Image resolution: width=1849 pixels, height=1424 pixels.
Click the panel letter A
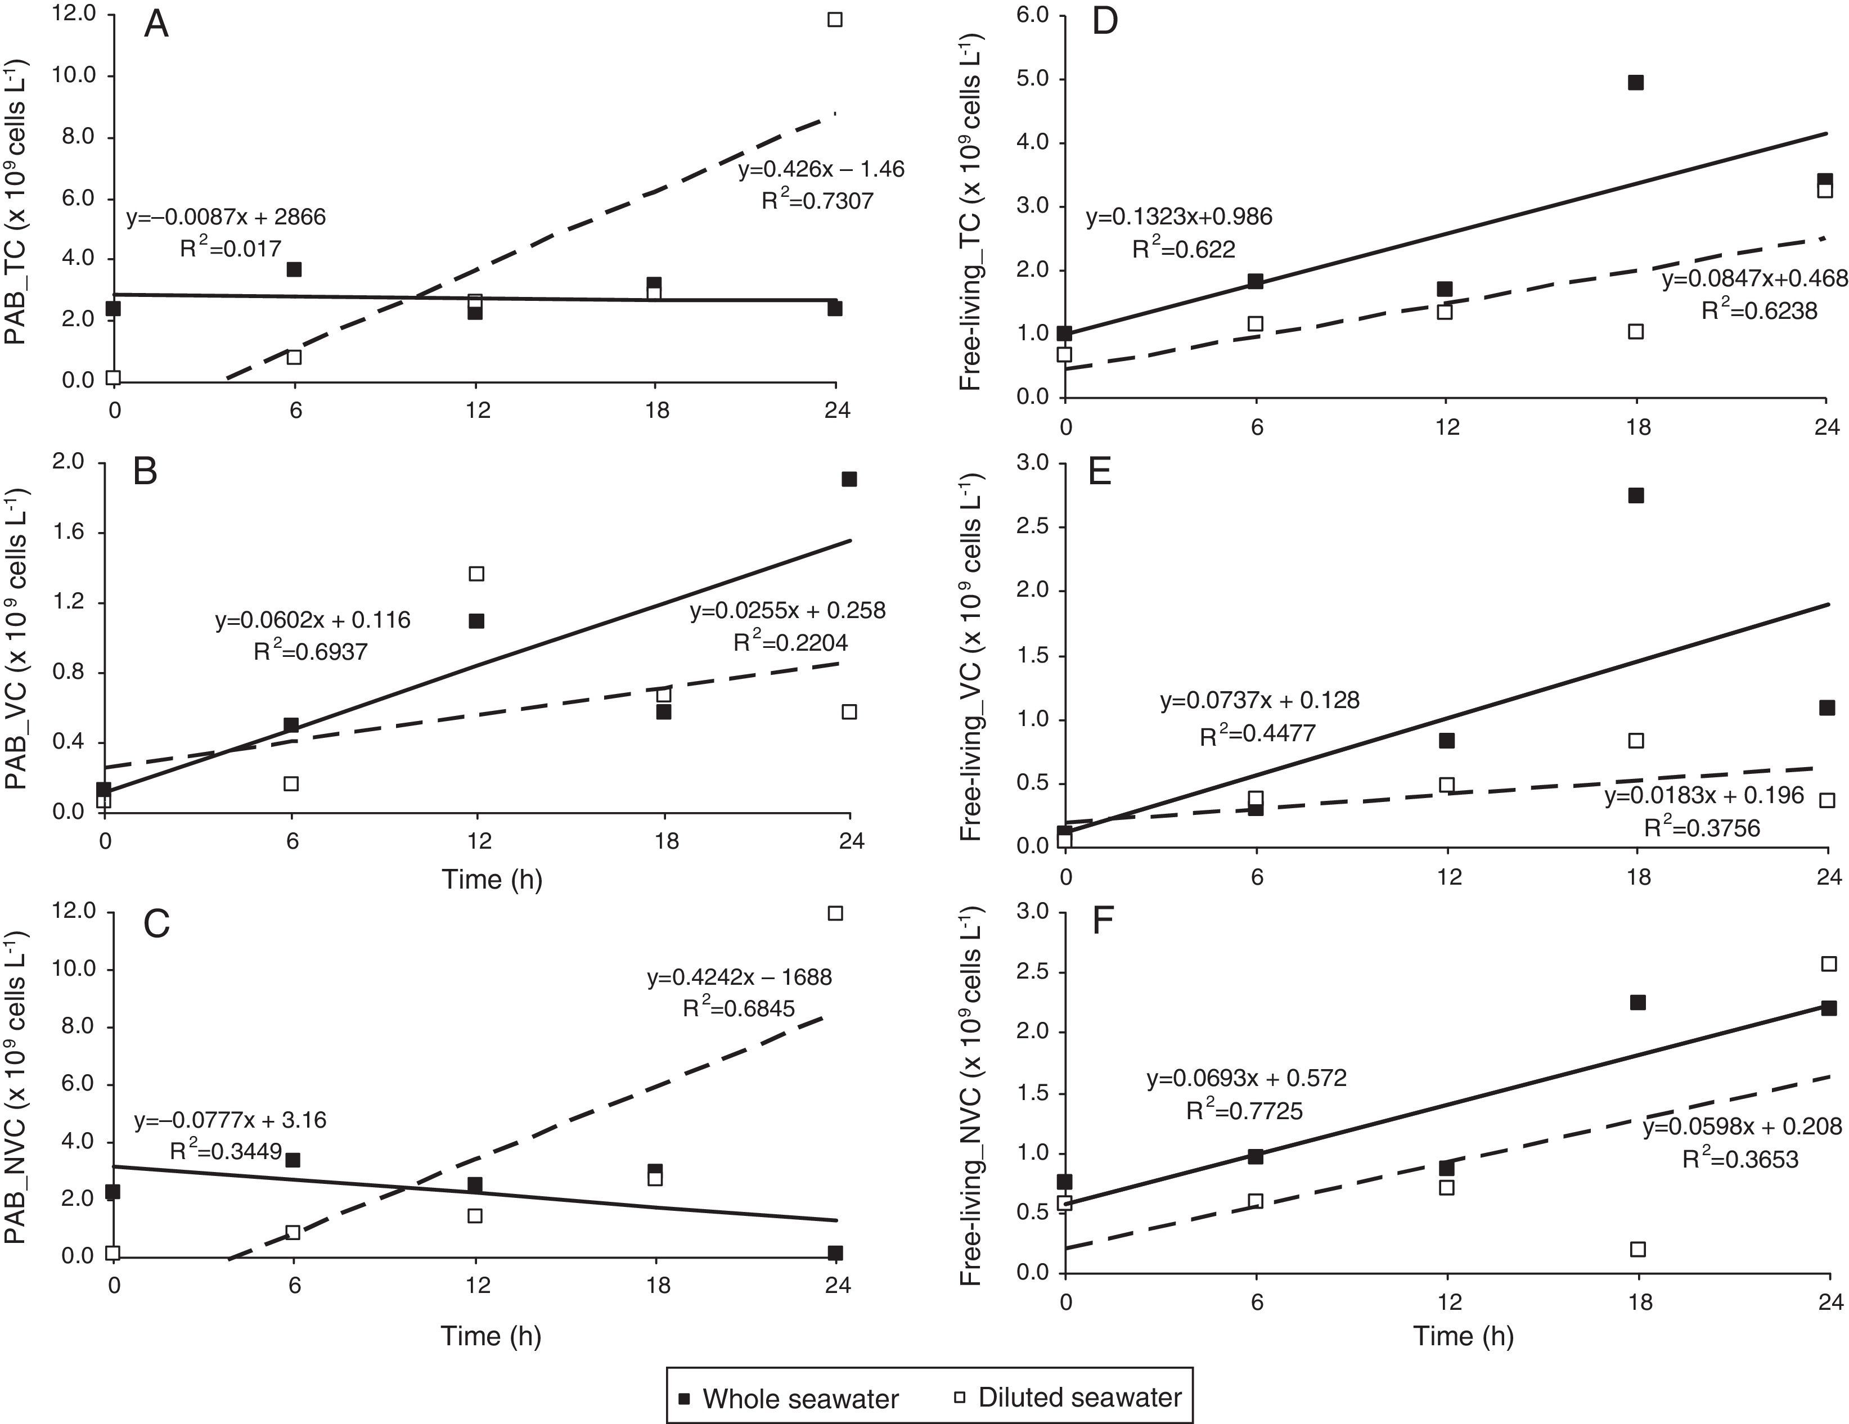156,25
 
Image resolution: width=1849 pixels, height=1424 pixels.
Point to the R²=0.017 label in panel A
230,249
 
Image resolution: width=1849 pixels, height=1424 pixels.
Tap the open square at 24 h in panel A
835,20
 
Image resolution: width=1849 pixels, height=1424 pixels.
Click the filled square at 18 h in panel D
1636,82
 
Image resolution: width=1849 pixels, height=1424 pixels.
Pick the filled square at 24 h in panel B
849,479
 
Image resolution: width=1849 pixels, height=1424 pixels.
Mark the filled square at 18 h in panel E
1636,495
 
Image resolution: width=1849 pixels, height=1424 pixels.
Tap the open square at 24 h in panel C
835,913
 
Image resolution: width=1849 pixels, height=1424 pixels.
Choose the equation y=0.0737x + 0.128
1259,701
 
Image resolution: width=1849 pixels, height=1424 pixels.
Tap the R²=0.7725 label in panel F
1244,1111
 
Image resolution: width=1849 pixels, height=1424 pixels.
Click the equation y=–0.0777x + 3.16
230,1120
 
